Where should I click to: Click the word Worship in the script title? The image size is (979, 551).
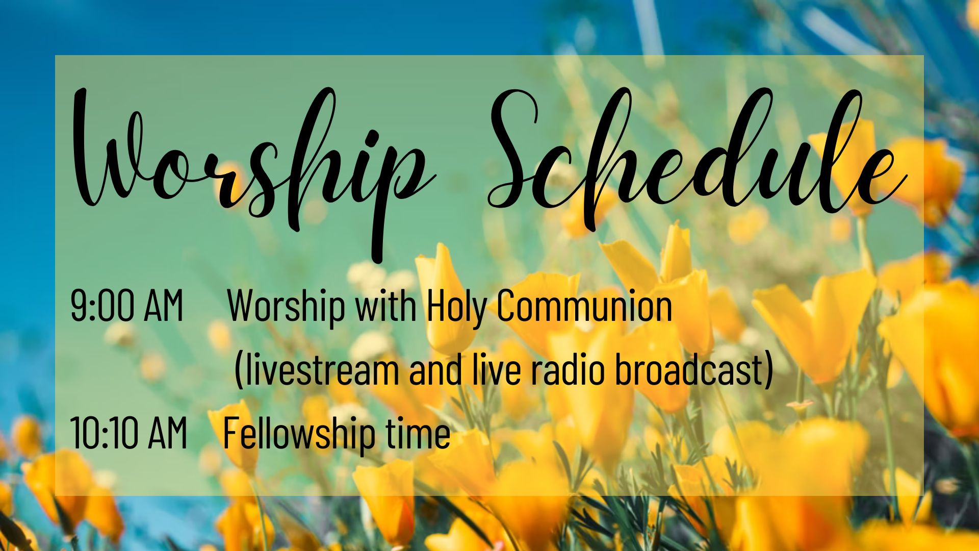tap(252, 173)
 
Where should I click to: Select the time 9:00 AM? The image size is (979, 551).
tap(126, 306)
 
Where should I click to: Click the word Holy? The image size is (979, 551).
tap(456, 308)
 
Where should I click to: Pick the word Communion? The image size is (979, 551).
tap(584, 306)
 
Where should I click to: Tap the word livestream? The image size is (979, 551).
tap(322, 369)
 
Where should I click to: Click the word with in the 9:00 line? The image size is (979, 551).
tap(385, 306)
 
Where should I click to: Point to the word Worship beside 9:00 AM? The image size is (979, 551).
tap(286, 308)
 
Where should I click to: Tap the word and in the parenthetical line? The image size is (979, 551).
tap(435, 369)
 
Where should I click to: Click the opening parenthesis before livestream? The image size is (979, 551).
tap(238, 370)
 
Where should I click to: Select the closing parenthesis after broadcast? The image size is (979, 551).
tap(768, 370)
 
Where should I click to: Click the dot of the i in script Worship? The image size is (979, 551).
tap(373, 138)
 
